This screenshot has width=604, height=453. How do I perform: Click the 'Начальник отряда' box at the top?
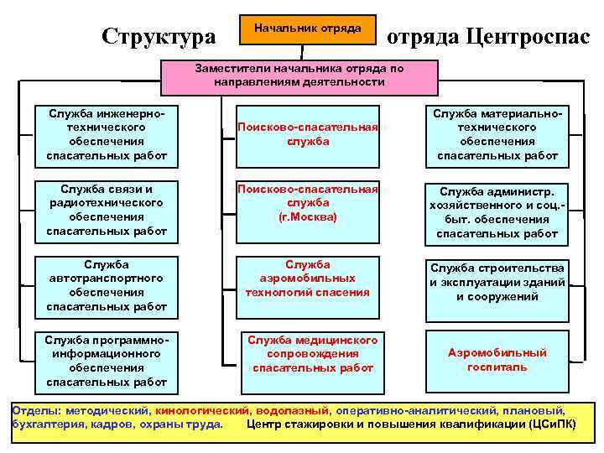click(307, 29)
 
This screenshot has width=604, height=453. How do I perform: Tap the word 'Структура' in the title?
click(158, 36)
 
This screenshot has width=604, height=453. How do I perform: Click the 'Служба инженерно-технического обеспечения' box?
click(107, 134)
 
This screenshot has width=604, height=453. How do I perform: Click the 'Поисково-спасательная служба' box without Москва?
click(307, 134)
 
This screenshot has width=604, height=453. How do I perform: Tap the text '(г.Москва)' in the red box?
click(307, 216)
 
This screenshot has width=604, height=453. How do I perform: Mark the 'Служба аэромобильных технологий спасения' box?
click(307, 279)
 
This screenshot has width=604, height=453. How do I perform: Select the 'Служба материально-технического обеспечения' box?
click(497, 134)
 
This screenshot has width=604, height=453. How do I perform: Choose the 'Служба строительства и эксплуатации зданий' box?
click(497, 282)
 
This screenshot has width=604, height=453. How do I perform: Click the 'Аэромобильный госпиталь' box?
click(497, 360)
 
